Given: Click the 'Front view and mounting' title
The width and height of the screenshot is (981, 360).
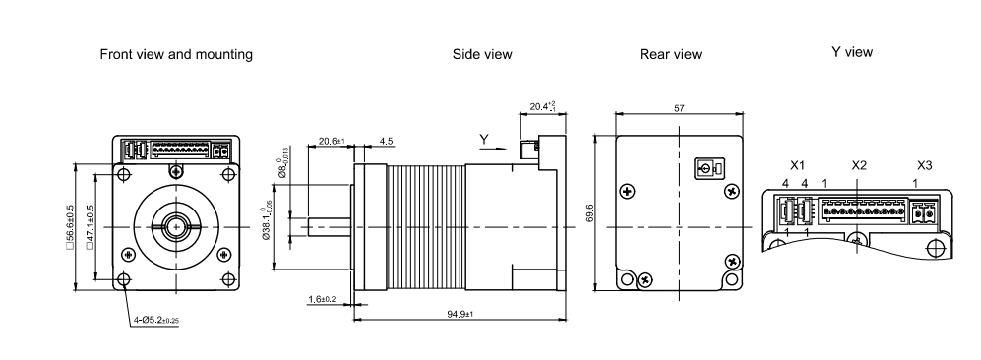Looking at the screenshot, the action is (x=176, y=54).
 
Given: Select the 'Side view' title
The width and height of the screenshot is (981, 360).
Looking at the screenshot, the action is (x=482, y=54).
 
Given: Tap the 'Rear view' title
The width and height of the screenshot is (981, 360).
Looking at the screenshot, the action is (x=670, y=54).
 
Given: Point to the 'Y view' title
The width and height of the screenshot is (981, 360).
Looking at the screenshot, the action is (x=851, y=52).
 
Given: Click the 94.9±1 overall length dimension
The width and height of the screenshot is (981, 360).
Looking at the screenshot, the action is (x=460, y=314).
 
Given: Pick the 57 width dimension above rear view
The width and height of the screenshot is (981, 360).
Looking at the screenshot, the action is (x=680, y=108).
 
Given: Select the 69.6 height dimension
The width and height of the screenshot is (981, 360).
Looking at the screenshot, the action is (x=589, y=212).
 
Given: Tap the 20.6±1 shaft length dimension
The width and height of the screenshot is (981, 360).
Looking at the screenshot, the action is (x=333, y=141).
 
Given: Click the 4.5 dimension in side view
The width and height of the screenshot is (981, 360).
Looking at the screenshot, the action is (x=387, y=141).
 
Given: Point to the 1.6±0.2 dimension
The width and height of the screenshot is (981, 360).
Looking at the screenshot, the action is (x=322, y=299).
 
